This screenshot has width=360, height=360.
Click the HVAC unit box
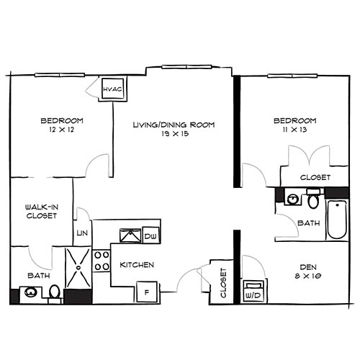[x=114, y=89]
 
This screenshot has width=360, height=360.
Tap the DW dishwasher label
[x=150, y=236]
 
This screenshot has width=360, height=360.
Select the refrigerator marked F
[x=147, y=292]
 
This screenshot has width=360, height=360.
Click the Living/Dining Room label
[x=174, y=125]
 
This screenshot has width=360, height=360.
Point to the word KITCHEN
[x=137, y=265]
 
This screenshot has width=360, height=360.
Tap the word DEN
[x=307, y=264]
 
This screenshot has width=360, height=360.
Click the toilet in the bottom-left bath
[x=55, y=292]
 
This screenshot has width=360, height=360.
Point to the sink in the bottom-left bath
[x=30, y=293]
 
